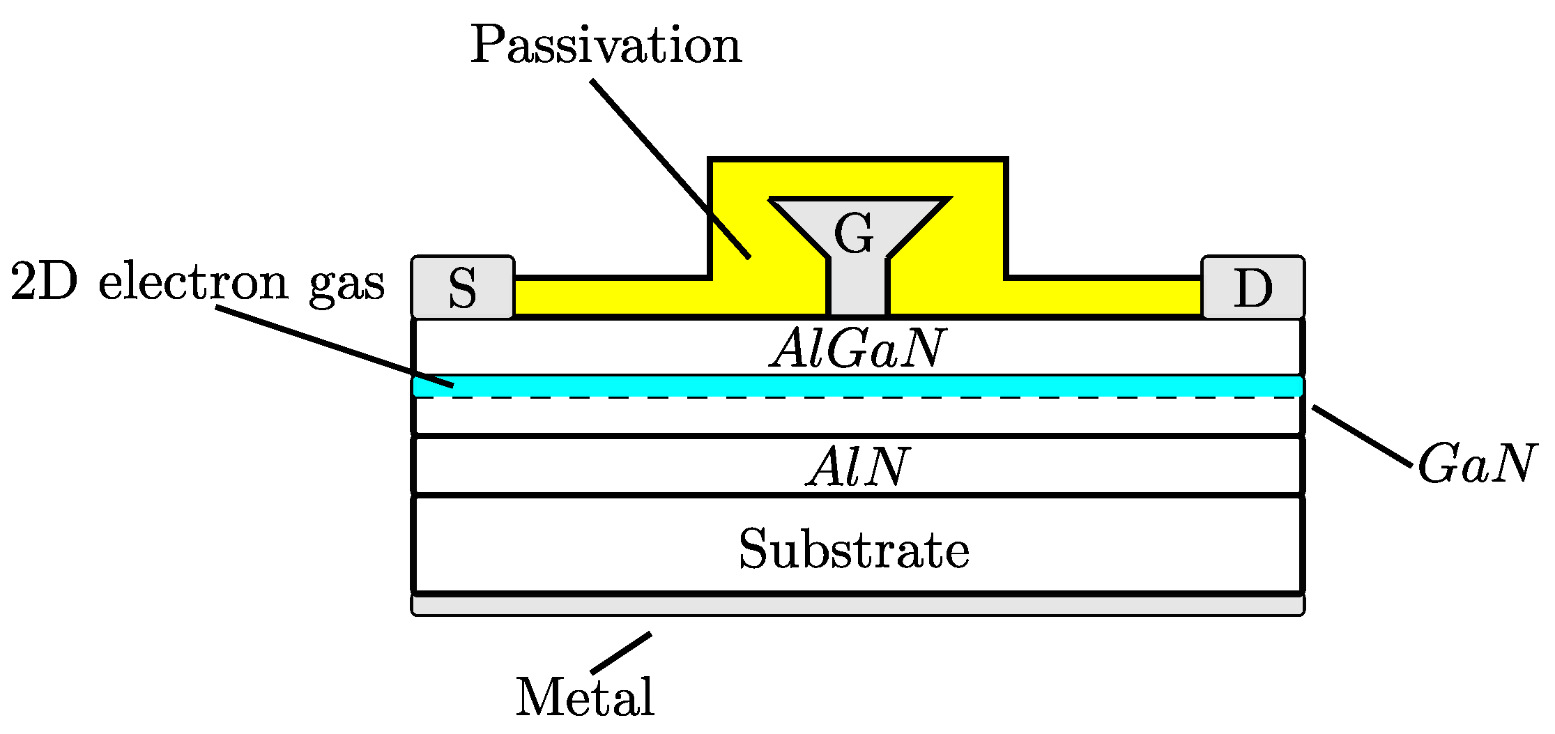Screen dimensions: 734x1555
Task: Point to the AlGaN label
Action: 857,348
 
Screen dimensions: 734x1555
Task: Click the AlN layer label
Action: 857,466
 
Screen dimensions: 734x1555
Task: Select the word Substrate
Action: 854,549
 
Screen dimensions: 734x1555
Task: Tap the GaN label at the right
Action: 1476,464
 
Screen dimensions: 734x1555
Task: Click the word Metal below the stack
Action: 585,696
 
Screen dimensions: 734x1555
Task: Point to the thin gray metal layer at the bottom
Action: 857,605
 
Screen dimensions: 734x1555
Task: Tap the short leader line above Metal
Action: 621,653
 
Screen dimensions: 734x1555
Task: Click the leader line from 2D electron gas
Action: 335,346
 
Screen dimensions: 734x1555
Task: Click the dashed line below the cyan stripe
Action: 697,397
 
